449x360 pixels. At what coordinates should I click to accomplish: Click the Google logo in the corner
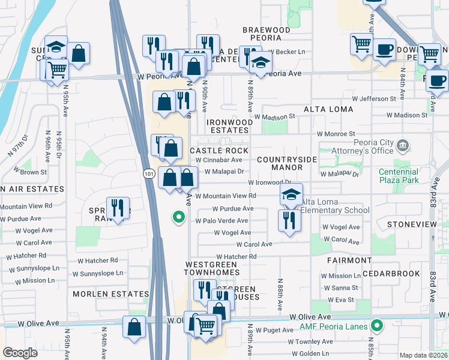click(x=20, y=353)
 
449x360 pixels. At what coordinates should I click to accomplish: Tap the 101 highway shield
click(x=149, y=173)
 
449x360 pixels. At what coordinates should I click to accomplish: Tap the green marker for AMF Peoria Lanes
click(x=377, y=326)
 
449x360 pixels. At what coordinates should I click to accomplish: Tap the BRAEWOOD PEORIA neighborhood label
click(x=266, y=34)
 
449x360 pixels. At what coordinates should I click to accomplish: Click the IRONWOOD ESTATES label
click(x=229, y=126)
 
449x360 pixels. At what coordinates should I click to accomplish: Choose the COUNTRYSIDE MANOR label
click(x=286, y=163)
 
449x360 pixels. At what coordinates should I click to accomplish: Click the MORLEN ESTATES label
click(x=110, y=294)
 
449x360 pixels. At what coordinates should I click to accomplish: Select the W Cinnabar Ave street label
click(x=218, y=160)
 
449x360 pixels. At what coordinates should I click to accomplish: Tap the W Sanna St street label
click(x=337, y=288)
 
